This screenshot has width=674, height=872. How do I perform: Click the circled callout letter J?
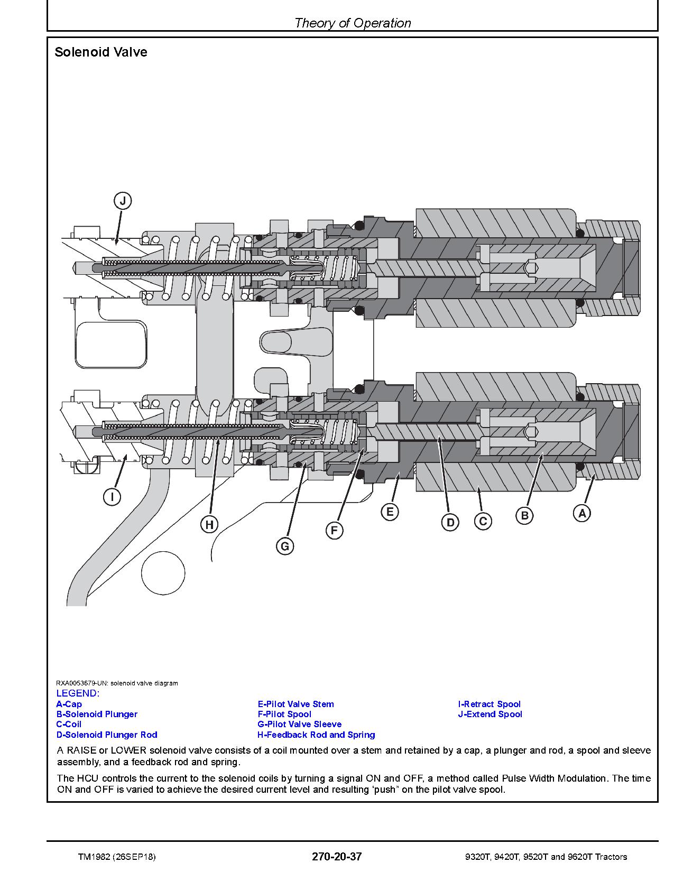(123, 201)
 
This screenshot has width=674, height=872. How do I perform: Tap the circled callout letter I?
(112, 497)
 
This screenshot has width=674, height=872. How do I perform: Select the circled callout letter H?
(209, 524)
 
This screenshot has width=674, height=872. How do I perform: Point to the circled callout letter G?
(285, 546)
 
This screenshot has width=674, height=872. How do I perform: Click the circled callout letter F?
(334, 530)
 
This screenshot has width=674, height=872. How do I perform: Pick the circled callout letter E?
(390, 512)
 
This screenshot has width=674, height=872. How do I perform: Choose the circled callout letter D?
(450, 523)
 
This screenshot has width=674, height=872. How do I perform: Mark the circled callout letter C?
(483, 521)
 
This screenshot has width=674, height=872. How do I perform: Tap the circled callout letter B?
(524, 515)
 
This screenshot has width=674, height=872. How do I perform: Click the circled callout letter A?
(582, 513)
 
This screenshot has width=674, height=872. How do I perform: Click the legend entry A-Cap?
(69, 704)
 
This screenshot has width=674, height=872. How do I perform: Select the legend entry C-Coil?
(69, 724)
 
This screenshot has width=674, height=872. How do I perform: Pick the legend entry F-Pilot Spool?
(284, 714)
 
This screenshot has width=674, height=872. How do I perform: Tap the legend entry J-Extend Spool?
(490, 714)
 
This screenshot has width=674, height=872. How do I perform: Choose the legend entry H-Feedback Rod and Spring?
(316, 735)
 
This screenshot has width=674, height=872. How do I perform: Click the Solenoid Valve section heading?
(101, 52)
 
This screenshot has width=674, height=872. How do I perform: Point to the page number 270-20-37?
(337, 857)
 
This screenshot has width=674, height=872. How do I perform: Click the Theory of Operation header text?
(353, 23)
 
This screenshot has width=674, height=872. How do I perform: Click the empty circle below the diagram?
(163, 573)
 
